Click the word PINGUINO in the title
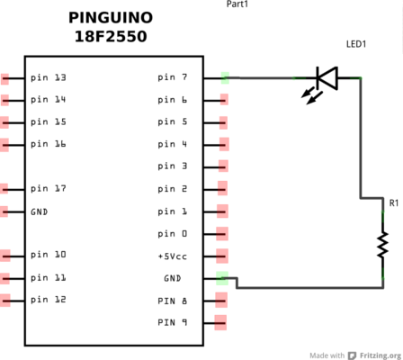(111, 18)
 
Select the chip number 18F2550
(111, 37)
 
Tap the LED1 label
(356, 44)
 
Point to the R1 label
(394, 203)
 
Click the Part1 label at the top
(237, 4)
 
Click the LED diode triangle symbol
(327, 78)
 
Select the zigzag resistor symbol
(382, 245)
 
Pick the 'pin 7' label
(173, 77)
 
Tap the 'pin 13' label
(49, 77)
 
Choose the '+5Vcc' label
(173, 256)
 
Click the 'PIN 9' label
(173, 322)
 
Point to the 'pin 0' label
(173, 234)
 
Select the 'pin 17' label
(49, 189)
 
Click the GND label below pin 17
(40, 212)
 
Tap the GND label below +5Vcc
(173, 278)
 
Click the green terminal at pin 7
(225, 78)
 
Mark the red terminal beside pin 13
(4, 79)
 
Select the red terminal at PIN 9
(220, 323)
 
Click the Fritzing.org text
(381, 355)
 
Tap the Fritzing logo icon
(352, 355)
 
